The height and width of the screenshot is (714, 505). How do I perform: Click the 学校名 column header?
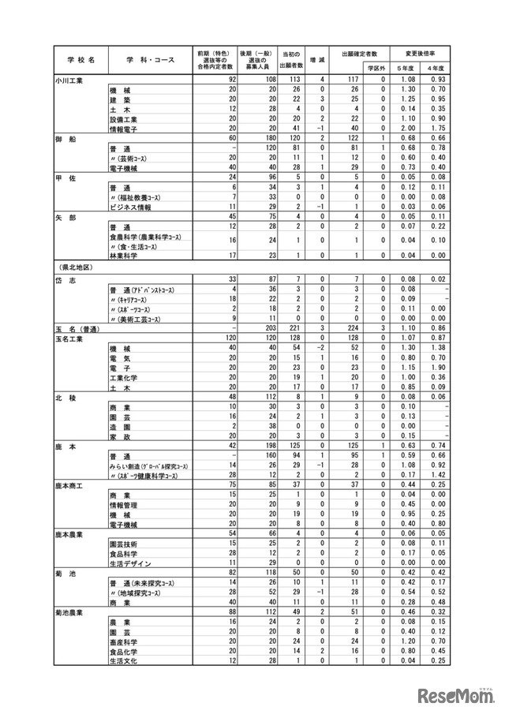80,60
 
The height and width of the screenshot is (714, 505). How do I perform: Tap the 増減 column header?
322,60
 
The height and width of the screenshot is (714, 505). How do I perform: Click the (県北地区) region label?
74,267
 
